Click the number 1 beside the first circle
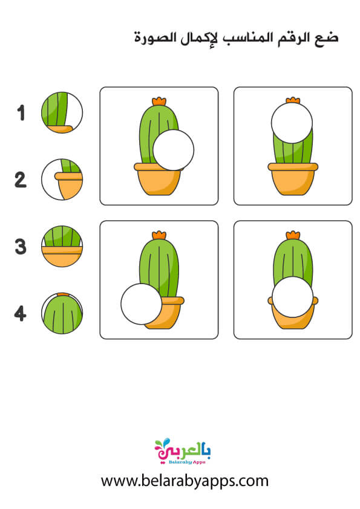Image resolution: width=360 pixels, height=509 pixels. pos(21,113)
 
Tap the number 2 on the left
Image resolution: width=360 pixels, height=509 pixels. pos(21,180)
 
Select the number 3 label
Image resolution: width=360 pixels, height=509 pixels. pos(21,247)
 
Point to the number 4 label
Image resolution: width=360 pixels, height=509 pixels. pos(20,314)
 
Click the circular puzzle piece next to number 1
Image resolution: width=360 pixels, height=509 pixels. pos(62,112)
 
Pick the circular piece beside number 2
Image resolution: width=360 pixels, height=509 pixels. pos(62,180)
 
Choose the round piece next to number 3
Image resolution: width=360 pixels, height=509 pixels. pos(62,247)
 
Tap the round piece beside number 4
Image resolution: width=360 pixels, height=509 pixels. pos(62,313)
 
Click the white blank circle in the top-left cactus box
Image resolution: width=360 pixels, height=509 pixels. pos(174,150)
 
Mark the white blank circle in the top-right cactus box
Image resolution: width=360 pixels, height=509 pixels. pos(292,123)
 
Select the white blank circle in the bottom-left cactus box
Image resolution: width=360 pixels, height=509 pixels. pos(142,304)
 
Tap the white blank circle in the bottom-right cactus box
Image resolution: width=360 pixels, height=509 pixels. pos(292,297)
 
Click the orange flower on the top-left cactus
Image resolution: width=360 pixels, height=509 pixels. pos(159,101)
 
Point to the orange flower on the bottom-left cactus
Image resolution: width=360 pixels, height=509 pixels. pos(159,235)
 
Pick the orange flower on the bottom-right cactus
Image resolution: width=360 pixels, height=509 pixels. pos(293,235)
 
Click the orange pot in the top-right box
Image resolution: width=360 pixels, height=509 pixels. pos(293,179)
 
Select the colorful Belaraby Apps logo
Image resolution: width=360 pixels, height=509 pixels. pos(183,451)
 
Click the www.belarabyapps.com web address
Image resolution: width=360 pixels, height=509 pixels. pos(185,481)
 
